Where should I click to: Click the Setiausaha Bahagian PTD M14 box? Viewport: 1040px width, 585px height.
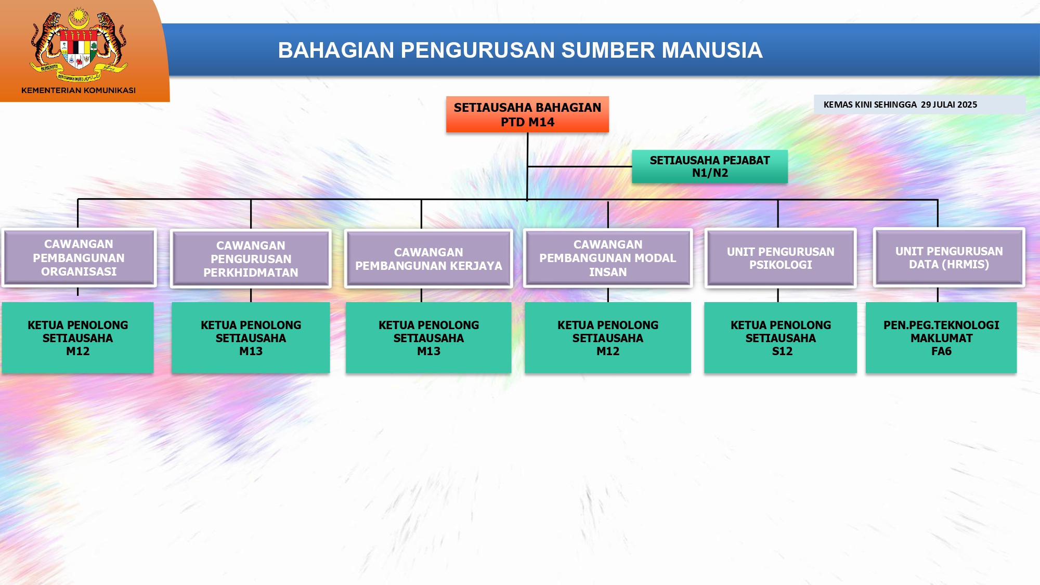(x=527, y=114)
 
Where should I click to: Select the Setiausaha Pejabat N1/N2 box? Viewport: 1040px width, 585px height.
(x=709, y=166)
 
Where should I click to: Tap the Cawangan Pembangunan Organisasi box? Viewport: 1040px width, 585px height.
(x=79, y=258)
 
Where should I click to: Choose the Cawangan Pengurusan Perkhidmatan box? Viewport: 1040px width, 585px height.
(x=251, y=259)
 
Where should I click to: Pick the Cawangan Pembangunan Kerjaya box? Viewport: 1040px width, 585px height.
(x=428, y=259)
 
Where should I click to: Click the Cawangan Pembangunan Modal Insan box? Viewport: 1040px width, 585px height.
(x=607, y=258)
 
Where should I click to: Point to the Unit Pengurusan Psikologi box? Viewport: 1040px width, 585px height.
(x=780, y=258)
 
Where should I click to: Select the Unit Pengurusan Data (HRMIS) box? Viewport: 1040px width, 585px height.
(x=948, y=257)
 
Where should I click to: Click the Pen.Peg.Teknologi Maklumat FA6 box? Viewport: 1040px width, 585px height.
(x=941, y=337)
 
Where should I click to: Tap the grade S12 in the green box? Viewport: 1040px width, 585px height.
(x=782, y=352)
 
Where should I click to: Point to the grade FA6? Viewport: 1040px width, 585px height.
(x=941, y=352)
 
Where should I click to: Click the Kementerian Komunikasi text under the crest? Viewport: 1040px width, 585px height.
(x=79, y=90)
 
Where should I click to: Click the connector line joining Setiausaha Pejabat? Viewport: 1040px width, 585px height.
(x=579, y=166)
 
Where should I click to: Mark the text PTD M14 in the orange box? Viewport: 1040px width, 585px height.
(x=527, y=122)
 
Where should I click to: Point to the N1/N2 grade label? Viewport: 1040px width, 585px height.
(x=710, y=173)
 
